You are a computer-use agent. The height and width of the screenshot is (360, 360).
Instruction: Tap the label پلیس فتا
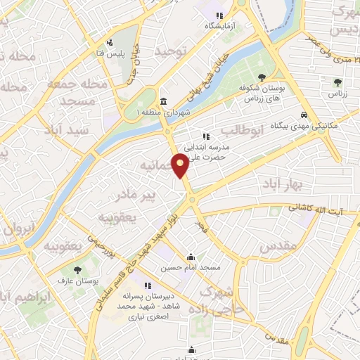(109, 53)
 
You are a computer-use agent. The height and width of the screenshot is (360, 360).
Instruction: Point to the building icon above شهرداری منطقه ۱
(163, 101)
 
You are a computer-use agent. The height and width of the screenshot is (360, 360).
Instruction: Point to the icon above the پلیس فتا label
(109, 43)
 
